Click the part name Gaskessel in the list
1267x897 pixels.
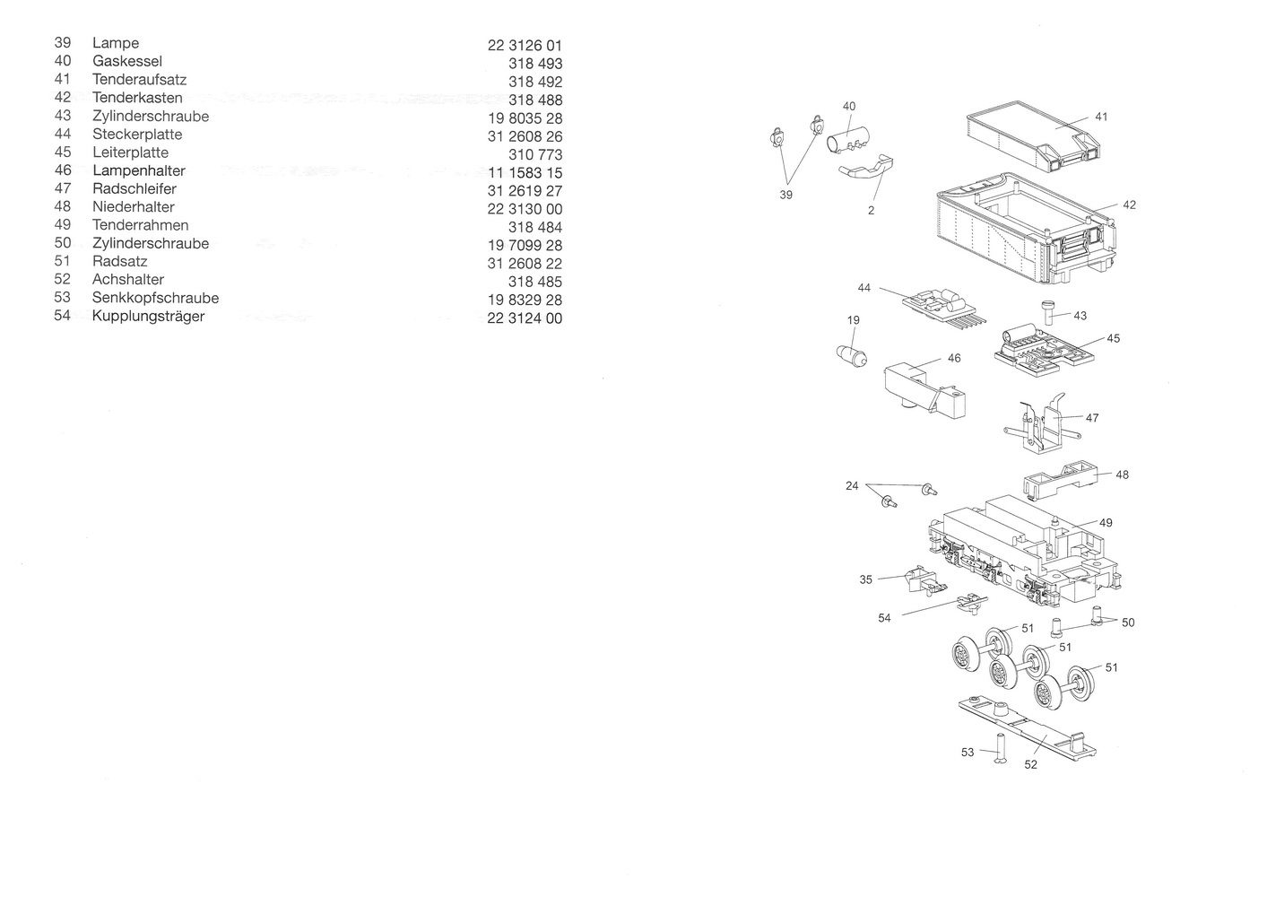coord(126,62)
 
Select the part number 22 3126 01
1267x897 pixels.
coord(525,46)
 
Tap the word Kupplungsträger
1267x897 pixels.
coord(148,317)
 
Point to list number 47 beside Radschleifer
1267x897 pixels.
coord(63,188)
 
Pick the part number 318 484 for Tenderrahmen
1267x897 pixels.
coord(535,227)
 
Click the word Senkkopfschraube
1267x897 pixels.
coord(155,298)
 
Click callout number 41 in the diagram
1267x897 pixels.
coord(1101,117)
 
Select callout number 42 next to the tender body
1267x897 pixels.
coord(1129,205)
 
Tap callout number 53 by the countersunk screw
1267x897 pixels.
coord(968,753)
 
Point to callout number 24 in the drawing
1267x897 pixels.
coord(852,486)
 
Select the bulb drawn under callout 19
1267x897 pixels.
coord(853,354)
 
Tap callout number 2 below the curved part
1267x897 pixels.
coord(871,211)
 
